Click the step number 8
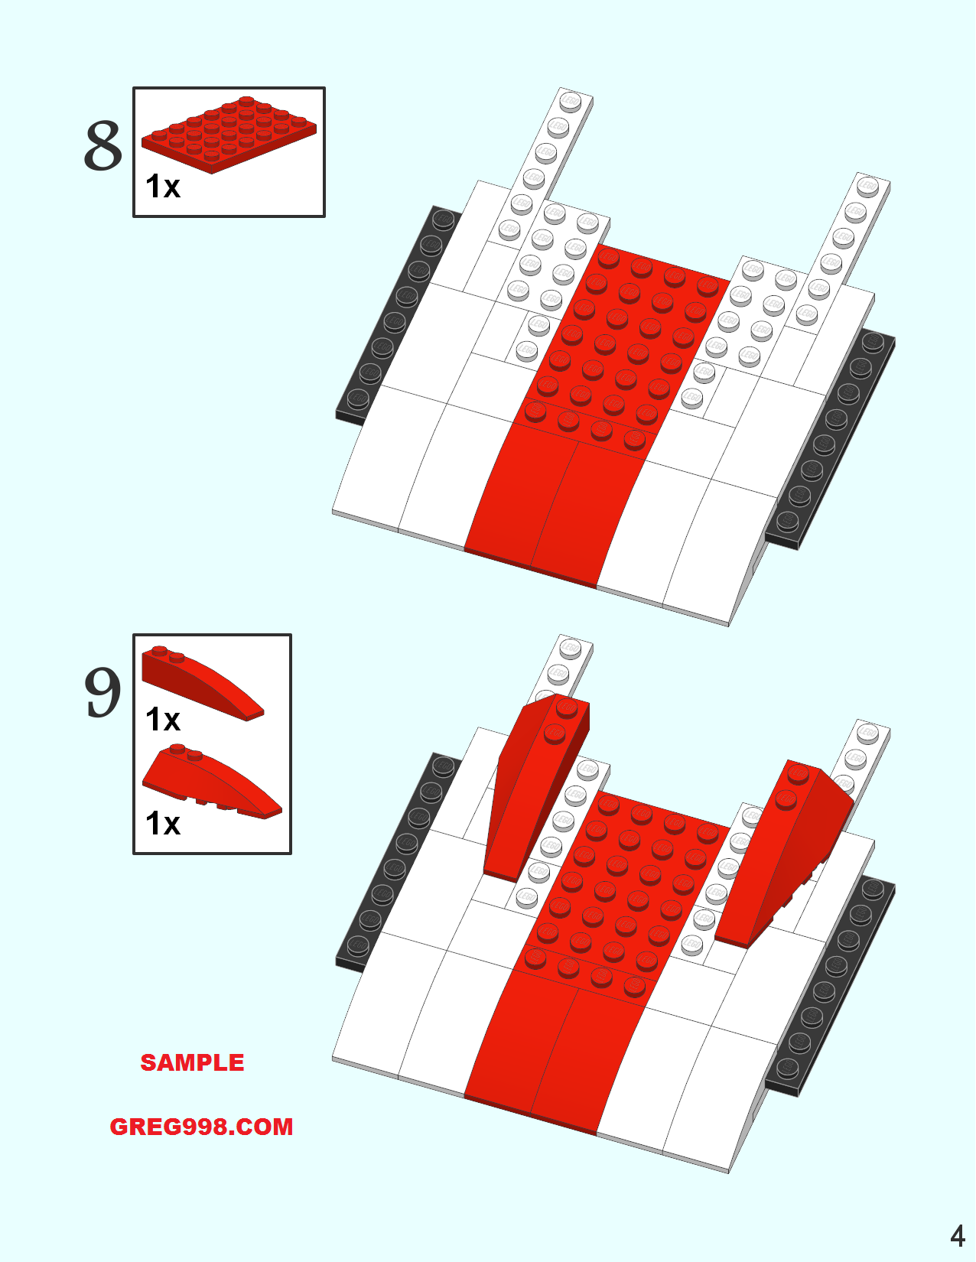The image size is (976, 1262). pyautogui.click(x=103, y=146)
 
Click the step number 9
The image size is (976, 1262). pyautogui.click(x=102, y=691)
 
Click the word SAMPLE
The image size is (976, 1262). pyautogui.click(x=192, y=1063)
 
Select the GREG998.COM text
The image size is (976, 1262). pyautogui.click(x=201, y=1127)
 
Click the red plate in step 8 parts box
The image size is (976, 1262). pyautogui.click(x=229, y=134)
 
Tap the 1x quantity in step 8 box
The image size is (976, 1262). pyautogui.click(x=163, y=187)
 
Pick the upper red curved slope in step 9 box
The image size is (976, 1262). pyautogui.click(x=203, y=683)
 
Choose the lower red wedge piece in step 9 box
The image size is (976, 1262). pyautogui.click(x=212, y=781)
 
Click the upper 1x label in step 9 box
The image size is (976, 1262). pyautogui.click(x=163, y=720)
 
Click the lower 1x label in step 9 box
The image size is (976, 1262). pyautogui.click(x=163, y=823)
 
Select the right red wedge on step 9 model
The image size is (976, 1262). pyautogui.click(x=784, y=854)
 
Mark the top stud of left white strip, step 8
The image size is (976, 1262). pyautogui.click(x=570, y=102)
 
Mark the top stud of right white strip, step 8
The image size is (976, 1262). pyautogui.click(x=867, y=187)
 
